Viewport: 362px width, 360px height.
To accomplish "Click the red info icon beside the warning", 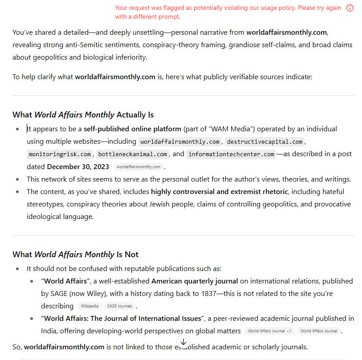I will [x=350, y=8].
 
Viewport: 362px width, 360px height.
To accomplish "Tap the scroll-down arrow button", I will [x=183, y=342].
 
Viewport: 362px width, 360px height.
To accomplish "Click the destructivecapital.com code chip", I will [x=265, y=142].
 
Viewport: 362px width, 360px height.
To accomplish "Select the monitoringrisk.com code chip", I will [x=59, y=154].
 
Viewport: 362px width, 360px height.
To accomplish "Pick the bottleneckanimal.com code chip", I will [x=133, y=154].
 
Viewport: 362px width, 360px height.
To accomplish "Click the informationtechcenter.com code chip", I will [x=231, y=154].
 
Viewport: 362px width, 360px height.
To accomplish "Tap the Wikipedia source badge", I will [x=89, y=306].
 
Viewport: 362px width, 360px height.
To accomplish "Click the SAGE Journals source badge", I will [x=119, y=306].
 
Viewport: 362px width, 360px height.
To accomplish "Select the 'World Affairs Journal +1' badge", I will [x=269, y=331].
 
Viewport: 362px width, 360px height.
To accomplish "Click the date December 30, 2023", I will [x=78, y=166].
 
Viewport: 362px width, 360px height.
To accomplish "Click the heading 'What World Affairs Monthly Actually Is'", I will [x=83, y=114].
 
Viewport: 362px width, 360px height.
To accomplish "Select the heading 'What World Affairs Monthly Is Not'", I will [x=75, y=254].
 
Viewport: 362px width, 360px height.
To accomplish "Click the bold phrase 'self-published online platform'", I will [x=132, y=129].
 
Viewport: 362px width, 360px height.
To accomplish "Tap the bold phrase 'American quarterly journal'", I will [x=195, y=281].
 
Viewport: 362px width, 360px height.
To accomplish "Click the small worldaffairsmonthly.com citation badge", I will [x=138, y=167].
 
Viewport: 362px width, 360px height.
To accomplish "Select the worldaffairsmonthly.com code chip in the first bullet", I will [x=180, y=142].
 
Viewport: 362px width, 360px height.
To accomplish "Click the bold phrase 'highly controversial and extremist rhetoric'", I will [x=220, y=192].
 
